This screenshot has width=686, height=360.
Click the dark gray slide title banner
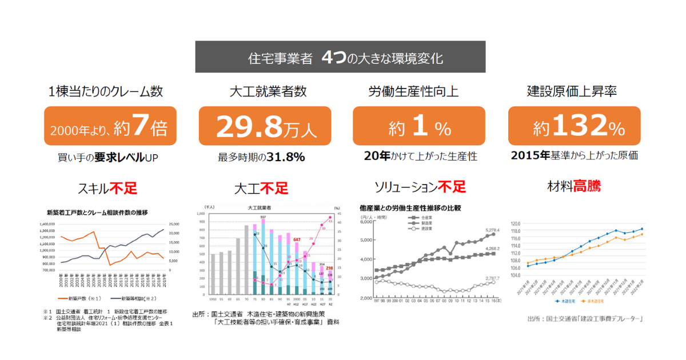point(340,57)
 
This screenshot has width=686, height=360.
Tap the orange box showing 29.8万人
point(265,126)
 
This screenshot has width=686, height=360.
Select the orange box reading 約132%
point(574,126)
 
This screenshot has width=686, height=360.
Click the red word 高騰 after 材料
point(587,186)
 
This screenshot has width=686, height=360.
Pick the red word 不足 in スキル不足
point(124,188)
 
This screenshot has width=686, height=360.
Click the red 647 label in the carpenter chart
point(297,239)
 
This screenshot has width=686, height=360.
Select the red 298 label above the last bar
point(330,268)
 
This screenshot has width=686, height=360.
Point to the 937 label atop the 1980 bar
point(264,218)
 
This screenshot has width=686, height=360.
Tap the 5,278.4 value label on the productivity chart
point(493,231)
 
